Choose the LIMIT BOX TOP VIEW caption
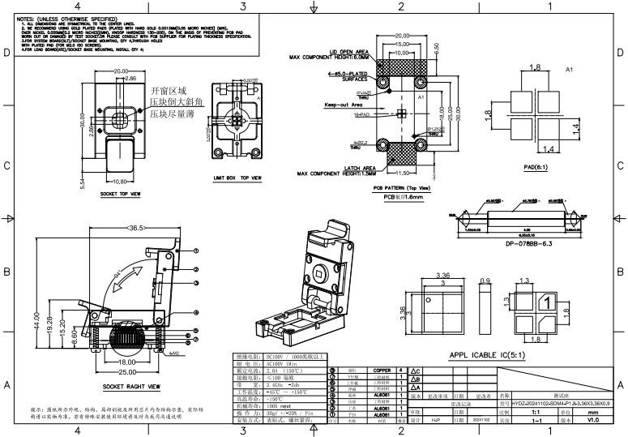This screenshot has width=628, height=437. pos(237,177)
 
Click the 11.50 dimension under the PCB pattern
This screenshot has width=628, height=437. pos(403,172)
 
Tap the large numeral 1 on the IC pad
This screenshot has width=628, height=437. pos(549,303)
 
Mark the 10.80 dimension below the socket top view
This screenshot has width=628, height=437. pos(120,182)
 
